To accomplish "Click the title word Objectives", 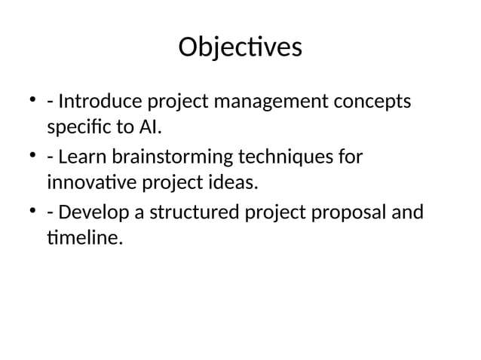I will (x=240, y=47).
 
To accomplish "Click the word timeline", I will (x=83, y=240).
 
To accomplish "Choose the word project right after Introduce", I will (x=179, y=102).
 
